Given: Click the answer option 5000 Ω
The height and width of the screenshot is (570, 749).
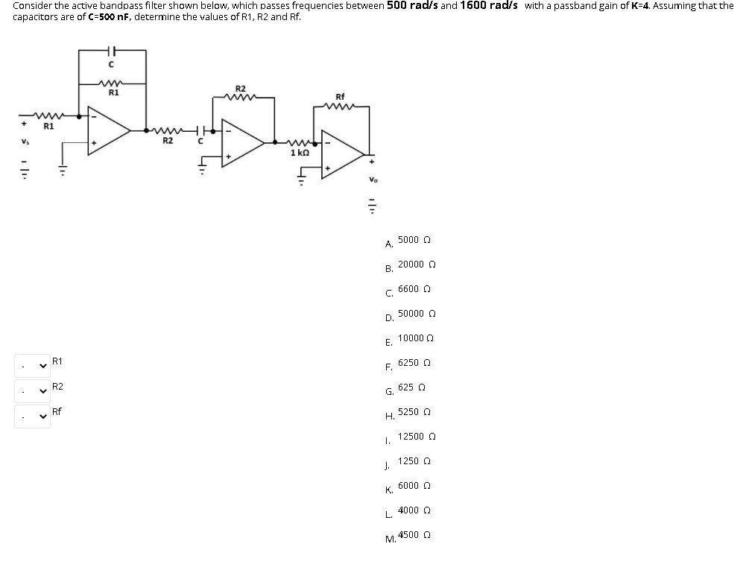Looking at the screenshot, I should [414, 240].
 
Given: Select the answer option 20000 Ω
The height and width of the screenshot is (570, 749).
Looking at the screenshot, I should [417, 265].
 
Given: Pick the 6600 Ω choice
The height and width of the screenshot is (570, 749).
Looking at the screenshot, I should [414, 289].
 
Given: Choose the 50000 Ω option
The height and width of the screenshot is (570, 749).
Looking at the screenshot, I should [417, 314].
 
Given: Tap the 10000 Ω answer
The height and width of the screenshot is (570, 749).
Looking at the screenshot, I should [416, 338].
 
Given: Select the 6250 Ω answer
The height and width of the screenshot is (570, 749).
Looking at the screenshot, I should [414, 363].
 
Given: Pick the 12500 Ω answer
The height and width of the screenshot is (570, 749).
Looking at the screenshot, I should [417, 437].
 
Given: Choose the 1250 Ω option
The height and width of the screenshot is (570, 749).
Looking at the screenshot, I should [414, 461].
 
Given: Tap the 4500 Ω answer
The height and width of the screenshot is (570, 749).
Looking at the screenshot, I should [414, 535].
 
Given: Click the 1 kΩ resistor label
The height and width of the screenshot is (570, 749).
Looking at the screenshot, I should [300, 152].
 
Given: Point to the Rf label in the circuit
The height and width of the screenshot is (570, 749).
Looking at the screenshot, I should [341, 97].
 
